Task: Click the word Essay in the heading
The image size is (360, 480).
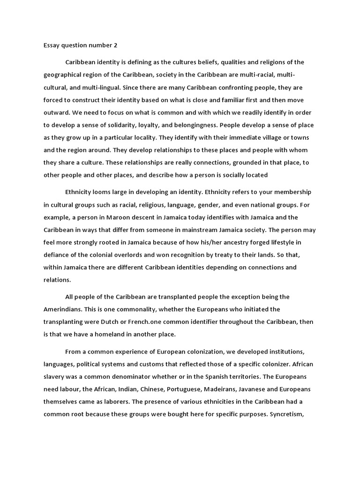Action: coord(52,45)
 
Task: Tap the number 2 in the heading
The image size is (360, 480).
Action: coord(116,45)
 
